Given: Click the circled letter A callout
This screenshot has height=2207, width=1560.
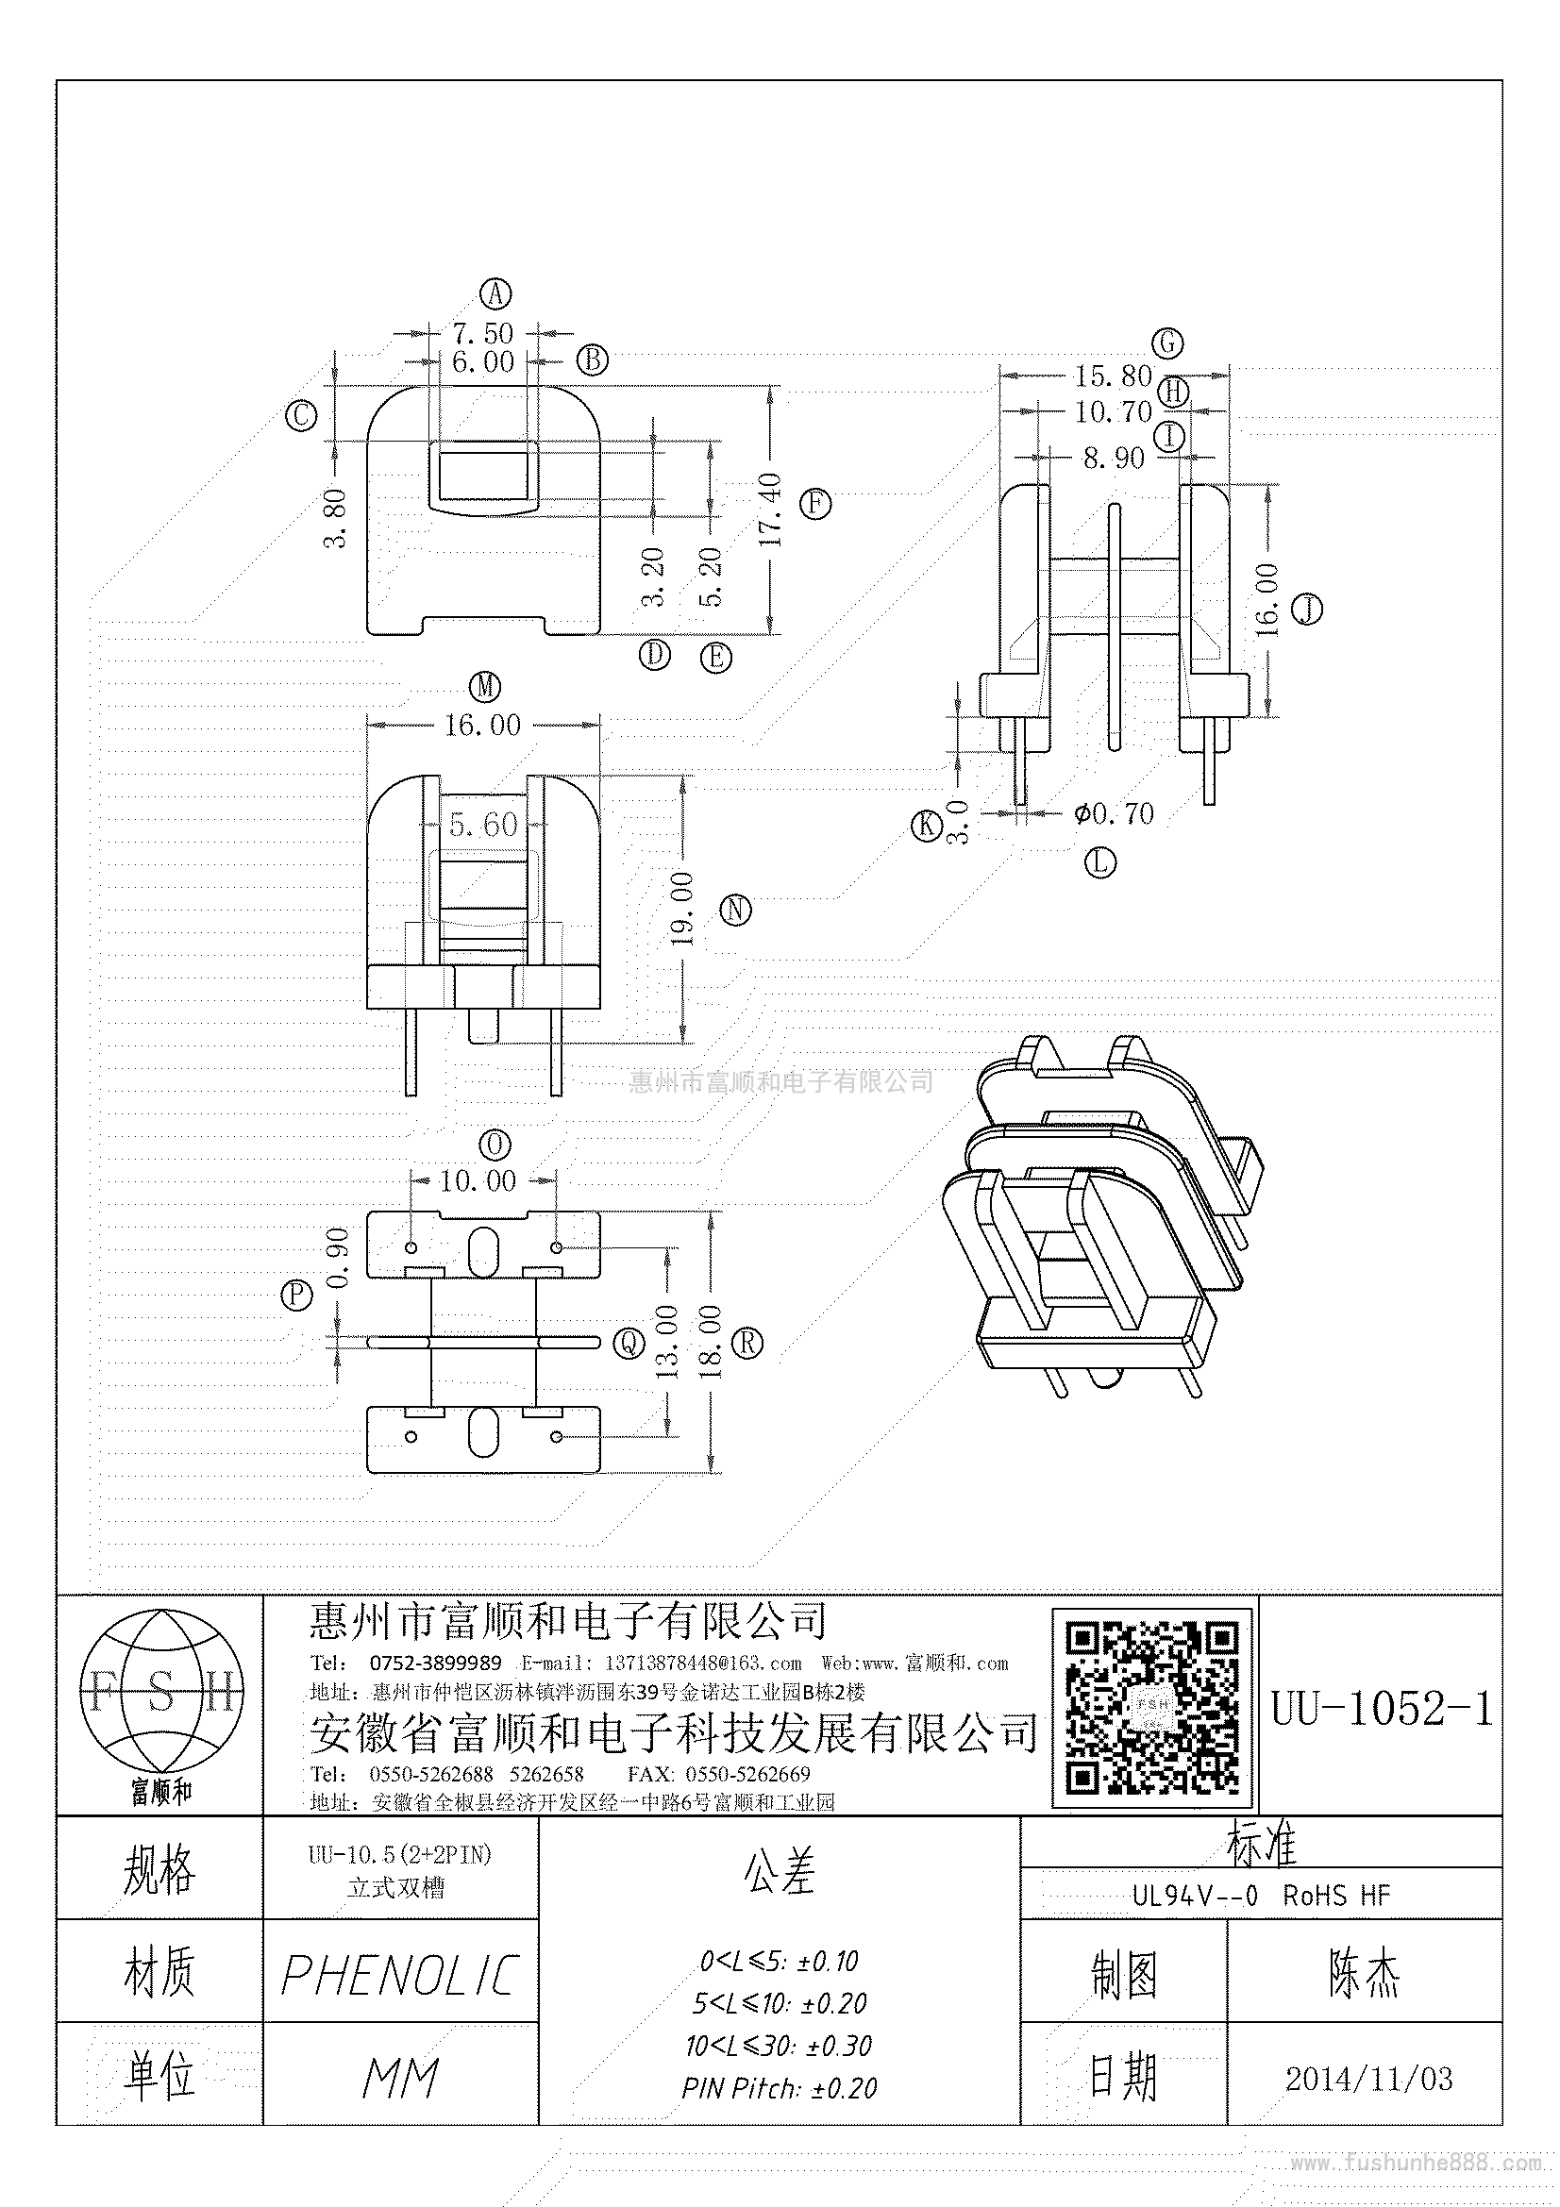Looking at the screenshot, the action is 496,293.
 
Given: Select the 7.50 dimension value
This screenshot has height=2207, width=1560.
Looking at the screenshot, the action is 482,333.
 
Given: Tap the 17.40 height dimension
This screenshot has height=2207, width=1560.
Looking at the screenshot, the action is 771,510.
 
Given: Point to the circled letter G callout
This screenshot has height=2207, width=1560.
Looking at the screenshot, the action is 1167,343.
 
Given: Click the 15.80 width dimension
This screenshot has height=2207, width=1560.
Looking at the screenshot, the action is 1113,376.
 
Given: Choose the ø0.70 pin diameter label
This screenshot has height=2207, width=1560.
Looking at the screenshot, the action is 1114,813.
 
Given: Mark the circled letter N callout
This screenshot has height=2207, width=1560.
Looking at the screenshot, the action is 736,910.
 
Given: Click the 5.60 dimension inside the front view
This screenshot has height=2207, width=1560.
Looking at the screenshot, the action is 483,824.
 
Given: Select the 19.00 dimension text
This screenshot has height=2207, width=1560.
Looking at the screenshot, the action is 682,910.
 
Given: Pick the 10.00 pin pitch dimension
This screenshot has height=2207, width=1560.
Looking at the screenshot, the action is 478,1180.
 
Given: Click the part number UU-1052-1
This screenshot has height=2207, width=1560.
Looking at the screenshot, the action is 1382,1709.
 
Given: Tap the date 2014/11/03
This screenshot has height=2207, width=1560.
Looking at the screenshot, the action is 1368,2080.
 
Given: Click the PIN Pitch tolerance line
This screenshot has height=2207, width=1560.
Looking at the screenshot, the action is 780,2088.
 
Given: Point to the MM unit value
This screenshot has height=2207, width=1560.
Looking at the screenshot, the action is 400,2080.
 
